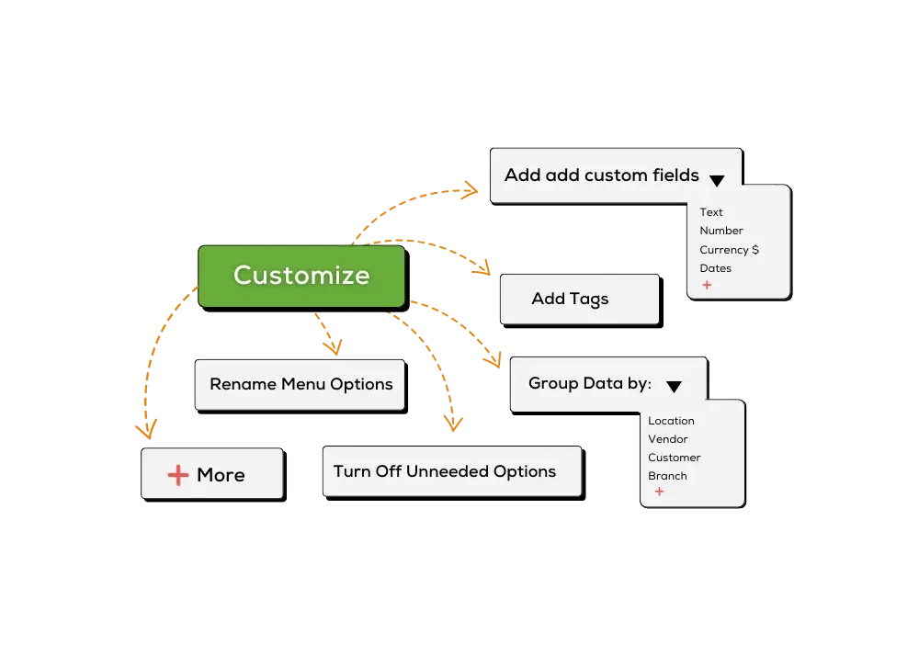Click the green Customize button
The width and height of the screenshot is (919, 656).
pyautogui.click(x=301, y=277)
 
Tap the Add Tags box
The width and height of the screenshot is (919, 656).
pyautogui.click(x=580, y=300)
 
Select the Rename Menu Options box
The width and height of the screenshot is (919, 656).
pyautogui.click(x=301, y=385)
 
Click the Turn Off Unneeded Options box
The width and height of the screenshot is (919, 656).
pyautogui.click(x=452, y=471)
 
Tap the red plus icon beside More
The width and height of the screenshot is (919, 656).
pyautogui.click(x=178, y=475)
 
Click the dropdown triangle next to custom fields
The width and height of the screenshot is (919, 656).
pyautogui.click(x=717, y=180)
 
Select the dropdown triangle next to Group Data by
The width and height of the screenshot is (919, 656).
pyautogui.click(x=674, y=387)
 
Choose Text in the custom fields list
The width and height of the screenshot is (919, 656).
pyautogui.click(x=711, y=212)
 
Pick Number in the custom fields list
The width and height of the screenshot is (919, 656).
pyautogui.click(x=720, y=231)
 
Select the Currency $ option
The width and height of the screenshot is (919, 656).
pyautogui.click(x=729, y=250)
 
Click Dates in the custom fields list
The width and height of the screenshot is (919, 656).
pyautogui.click(x=716, y=268)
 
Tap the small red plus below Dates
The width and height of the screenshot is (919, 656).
pyautogui.click(x=707, y=285)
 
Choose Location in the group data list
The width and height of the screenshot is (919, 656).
pyautogui.click(x=671, y=421)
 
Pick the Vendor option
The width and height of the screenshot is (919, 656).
pyautogui.click(x=667, y=439)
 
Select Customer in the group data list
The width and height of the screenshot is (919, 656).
pyautogui.click(x=674, y=458)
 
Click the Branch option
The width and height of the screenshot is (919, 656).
pyautogui.click(x=667, y=476)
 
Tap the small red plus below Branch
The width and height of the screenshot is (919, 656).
pyautogui.click(x=659, y=492)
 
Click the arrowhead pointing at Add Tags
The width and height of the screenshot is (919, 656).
pyautogui.click(x=483, y=268)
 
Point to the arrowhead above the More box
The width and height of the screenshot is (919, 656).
pyautogui.click(x=146, y=430)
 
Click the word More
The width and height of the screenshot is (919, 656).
pyautogui.click(x=221, y=475)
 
